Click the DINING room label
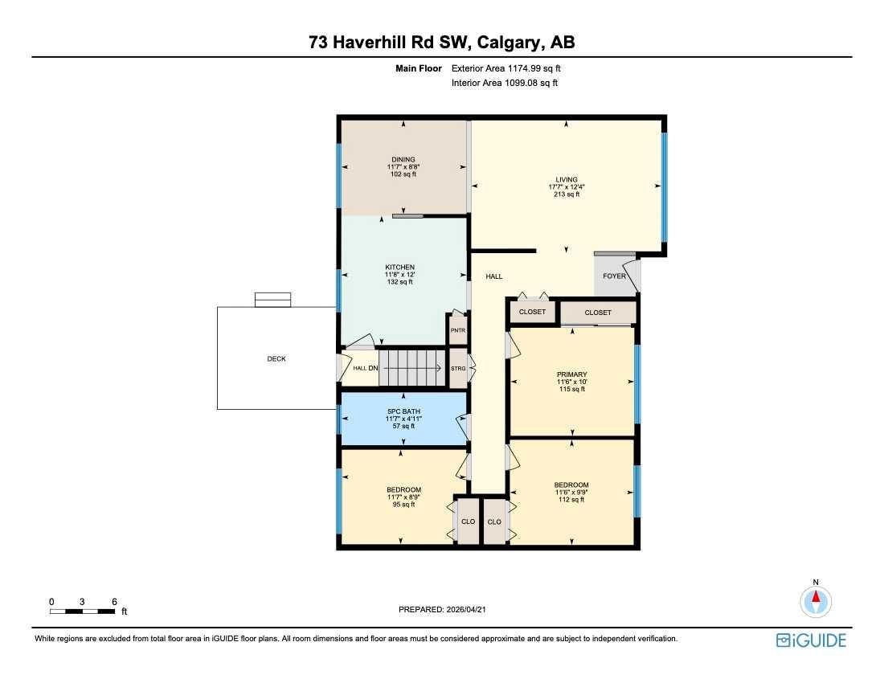tap(403, 159)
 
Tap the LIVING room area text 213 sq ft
tap(567, 194)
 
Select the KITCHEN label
tap(399, 267)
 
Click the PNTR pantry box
tap(457, 330)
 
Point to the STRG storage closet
tap(458, 368)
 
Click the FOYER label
tap(614, 276)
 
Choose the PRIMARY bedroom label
tap(572, 374)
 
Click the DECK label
tap(276, 359)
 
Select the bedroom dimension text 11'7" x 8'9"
tap(403, 497)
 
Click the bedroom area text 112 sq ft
tap(571, 500)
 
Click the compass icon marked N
tap(816, 600)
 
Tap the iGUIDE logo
tap(811, 640)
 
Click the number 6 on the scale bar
tap(115, 602)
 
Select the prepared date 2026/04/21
tap(466, 610)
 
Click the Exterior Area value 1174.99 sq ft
tap(534, 69)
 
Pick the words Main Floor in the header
tap(419, 69)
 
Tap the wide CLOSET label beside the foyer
tap(598, 313)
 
